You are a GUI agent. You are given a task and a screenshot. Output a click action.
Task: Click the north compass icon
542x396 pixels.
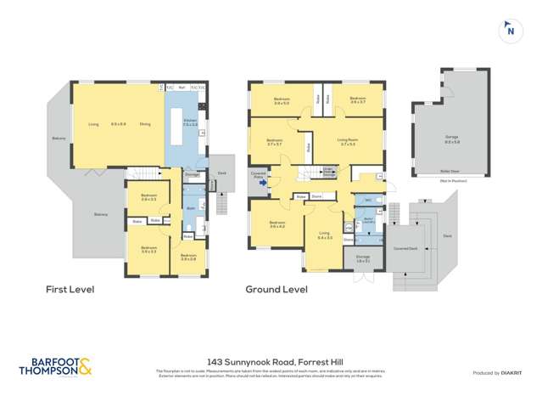pyautogui.click(x=510, y=30)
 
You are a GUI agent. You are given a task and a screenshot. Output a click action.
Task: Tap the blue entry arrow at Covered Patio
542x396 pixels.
pyautogui.click(x=263, y=182)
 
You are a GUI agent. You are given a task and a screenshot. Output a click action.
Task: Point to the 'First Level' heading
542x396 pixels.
pyautogui.click(x=70, y=289)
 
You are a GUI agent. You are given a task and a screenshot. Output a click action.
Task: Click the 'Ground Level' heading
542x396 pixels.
pyautogui.click(x=277, y=289)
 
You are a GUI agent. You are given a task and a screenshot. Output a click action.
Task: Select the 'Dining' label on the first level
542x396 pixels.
pyautogui.click(x=144, y=125)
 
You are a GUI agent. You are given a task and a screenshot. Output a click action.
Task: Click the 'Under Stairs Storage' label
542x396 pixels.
pyautogui.click(x=328, y=173)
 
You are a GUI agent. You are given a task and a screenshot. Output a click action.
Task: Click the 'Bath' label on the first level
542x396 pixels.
pyautogui.click(x=191, y=206)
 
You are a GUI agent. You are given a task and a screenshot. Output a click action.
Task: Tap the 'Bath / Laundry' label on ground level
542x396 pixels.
pyautogui.click(x=371, y=219)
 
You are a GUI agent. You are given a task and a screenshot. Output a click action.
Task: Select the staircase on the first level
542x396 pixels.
pyautogui.click(x=142, y=176)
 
